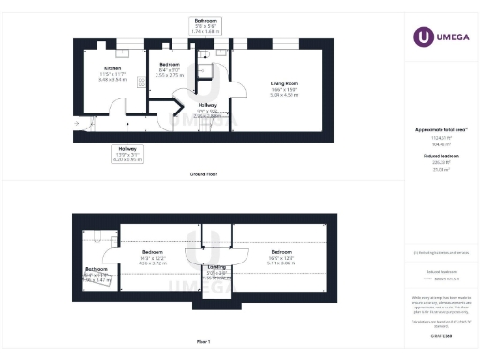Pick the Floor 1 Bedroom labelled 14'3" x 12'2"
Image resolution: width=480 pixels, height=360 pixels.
point(154,252)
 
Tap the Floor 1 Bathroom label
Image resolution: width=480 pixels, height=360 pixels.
point(96,269)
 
